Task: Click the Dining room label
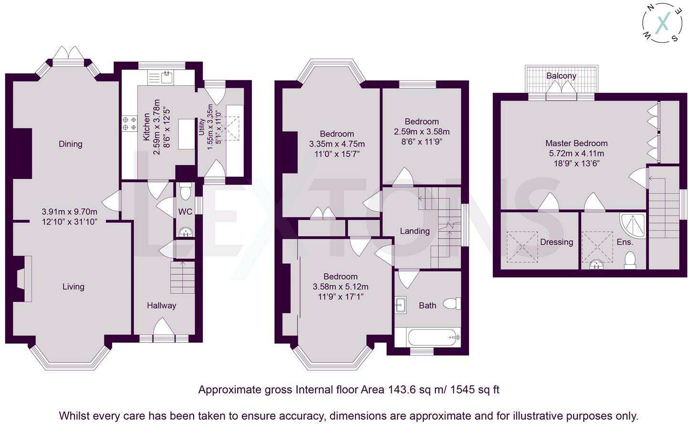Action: point(70,144)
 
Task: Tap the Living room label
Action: point(73,287)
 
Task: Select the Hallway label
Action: point(161,306)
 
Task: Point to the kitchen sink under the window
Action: point(167,77)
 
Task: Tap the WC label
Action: point(185,212)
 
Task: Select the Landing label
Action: point(415,231)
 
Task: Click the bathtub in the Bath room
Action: point(433,338)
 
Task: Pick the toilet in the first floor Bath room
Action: point(451,304)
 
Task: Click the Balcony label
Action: point(561,76)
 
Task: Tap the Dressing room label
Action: point(556,242)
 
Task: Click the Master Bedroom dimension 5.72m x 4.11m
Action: point(576,153)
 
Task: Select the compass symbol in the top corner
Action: point(662,25)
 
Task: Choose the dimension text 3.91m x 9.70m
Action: point(69,212)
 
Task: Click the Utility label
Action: point(202,127)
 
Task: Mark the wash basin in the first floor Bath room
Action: point(400,305)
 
